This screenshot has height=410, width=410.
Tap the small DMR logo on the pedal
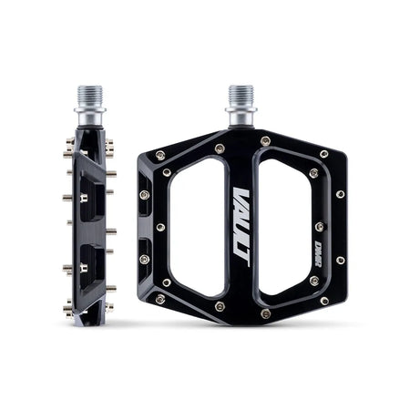(x=315, y=219)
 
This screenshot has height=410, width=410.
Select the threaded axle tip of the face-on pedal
(x=240, y=94)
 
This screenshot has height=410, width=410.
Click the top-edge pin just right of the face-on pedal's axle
(x=265, y=141)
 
